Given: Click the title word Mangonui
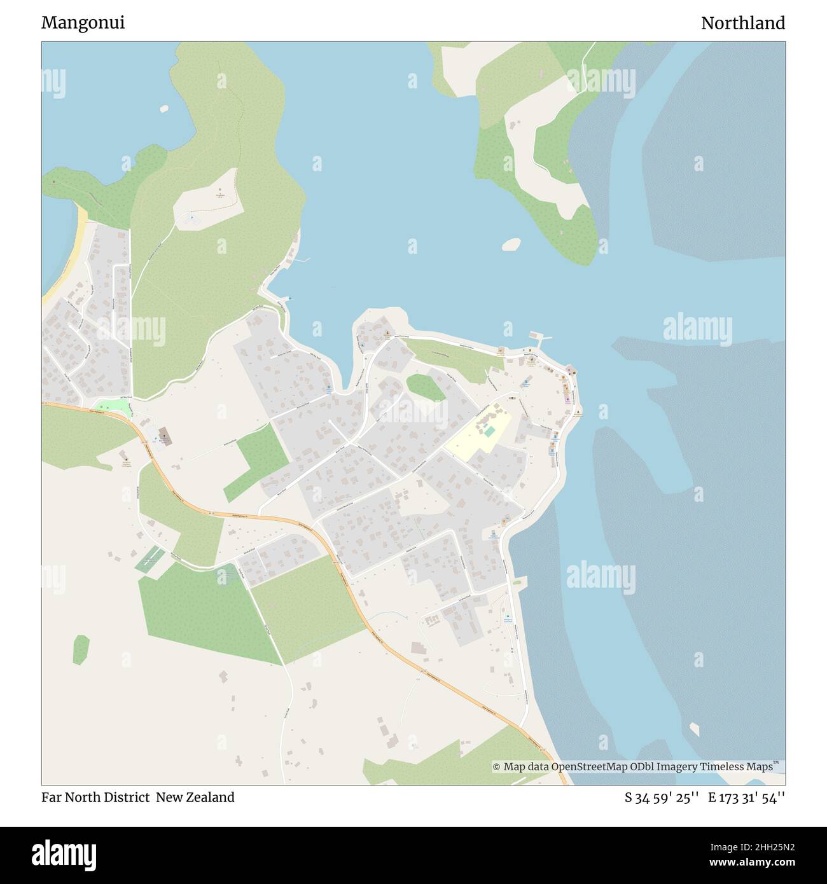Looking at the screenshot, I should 83,23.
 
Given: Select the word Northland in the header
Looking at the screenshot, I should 742,23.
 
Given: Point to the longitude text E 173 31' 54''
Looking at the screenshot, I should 746,797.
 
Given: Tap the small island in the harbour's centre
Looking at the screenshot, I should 511,244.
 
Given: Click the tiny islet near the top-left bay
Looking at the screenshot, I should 164,108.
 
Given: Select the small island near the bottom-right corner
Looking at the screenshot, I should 695,728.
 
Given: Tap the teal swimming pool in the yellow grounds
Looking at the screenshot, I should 489,432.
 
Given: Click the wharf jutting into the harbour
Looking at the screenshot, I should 538,336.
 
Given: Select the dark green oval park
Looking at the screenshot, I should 426,387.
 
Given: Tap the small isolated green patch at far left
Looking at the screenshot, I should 81,649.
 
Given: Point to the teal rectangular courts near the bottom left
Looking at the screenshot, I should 148,559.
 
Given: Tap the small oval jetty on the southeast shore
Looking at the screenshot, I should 518,581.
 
